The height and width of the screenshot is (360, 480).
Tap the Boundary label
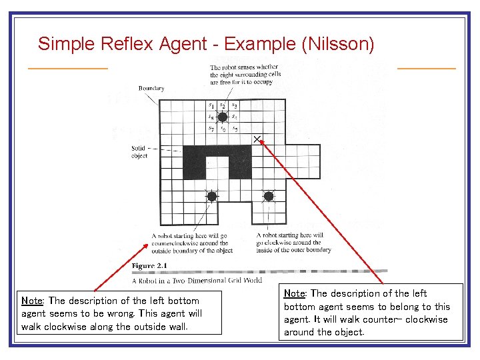point(151,88)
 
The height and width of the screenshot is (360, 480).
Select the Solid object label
point(138,151)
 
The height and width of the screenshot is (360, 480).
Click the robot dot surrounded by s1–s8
point(223,117)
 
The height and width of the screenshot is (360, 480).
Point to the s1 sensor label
point(211,105)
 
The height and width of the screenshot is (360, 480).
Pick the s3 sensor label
point(235,105)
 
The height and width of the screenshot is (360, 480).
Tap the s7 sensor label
point(211,129)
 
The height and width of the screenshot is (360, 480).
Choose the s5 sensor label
point(235,129)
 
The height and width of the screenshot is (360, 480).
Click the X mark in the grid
point(257,139)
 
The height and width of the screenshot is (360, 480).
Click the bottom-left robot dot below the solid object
point(211,196)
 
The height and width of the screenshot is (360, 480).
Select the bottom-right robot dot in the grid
point(269,196)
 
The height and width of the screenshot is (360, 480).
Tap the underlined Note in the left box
point(33,301)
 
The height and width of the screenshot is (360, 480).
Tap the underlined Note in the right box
point(296,293)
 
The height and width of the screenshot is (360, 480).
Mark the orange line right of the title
point(426,68)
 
